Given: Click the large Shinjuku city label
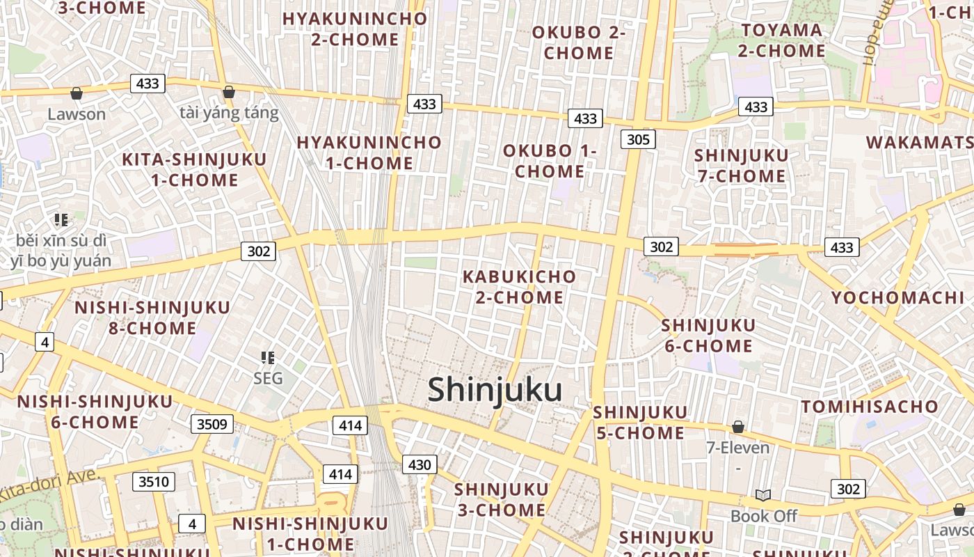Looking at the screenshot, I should coord(495,390).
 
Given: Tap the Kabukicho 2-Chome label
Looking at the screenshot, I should coord(520,287).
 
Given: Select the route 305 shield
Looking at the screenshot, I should coord(638,139).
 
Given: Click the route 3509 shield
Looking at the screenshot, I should coord(212,423).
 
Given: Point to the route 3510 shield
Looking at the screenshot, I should coord(154,482).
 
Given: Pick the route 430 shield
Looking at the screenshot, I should coord(420,464).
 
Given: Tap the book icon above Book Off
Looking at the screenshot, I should coord(763,495).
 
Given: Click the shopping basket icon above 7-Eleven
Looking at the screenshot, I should coord(738,426).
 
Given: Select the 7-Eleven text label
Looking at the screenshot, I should coord(738,447).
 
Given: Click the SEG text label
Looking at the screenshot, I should coord(268,378).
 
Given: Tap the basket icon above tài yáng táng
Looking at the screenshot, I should coord(228,92).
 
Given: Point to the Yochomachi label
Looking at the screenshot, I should coord(897,298).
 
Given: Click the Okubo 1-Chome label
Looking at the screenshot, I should coord(550,161).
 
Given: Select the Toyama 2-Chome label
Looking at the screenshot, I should coord(781,40).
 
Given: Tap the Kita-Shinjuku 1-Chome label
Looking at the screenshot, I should coord(194,170).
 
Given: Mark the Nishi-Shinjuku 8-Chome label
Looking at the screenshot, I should coord(152,317).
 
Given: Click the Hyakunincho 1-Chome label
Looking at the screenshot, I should coord(369,152).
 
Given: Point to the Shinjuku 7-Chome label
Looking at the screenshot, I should coord(742,165).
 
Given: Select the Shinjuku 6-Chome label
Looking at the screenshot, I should coord(708,336).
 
